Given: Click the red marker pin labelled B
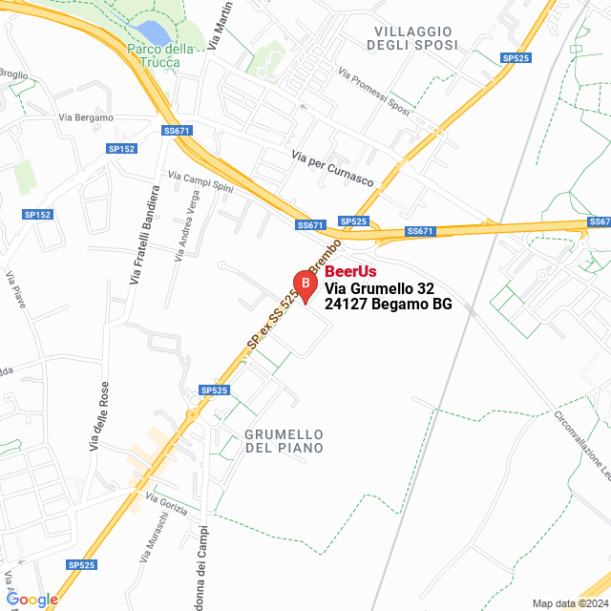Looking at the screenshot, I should (305, 284).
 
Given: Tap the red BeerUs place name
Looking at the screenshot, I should (350, 272).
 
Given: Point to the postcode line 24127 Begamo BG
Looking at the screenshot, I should (388, 305).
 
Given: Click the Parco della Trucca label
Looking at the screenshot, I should (160, 55).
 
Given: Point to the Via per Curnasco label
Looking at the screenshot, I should (332, 169).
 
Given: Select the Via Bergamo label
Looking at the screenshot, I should (86, 117).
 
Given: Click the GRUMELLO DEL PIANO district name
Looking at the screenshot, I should (284, 440).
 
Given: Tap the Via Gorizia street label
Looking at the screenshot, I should (166, 498).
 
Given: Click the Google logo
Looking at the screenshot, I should (32, 600).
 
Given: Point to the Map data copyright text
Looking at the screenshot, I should (569, 603).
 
